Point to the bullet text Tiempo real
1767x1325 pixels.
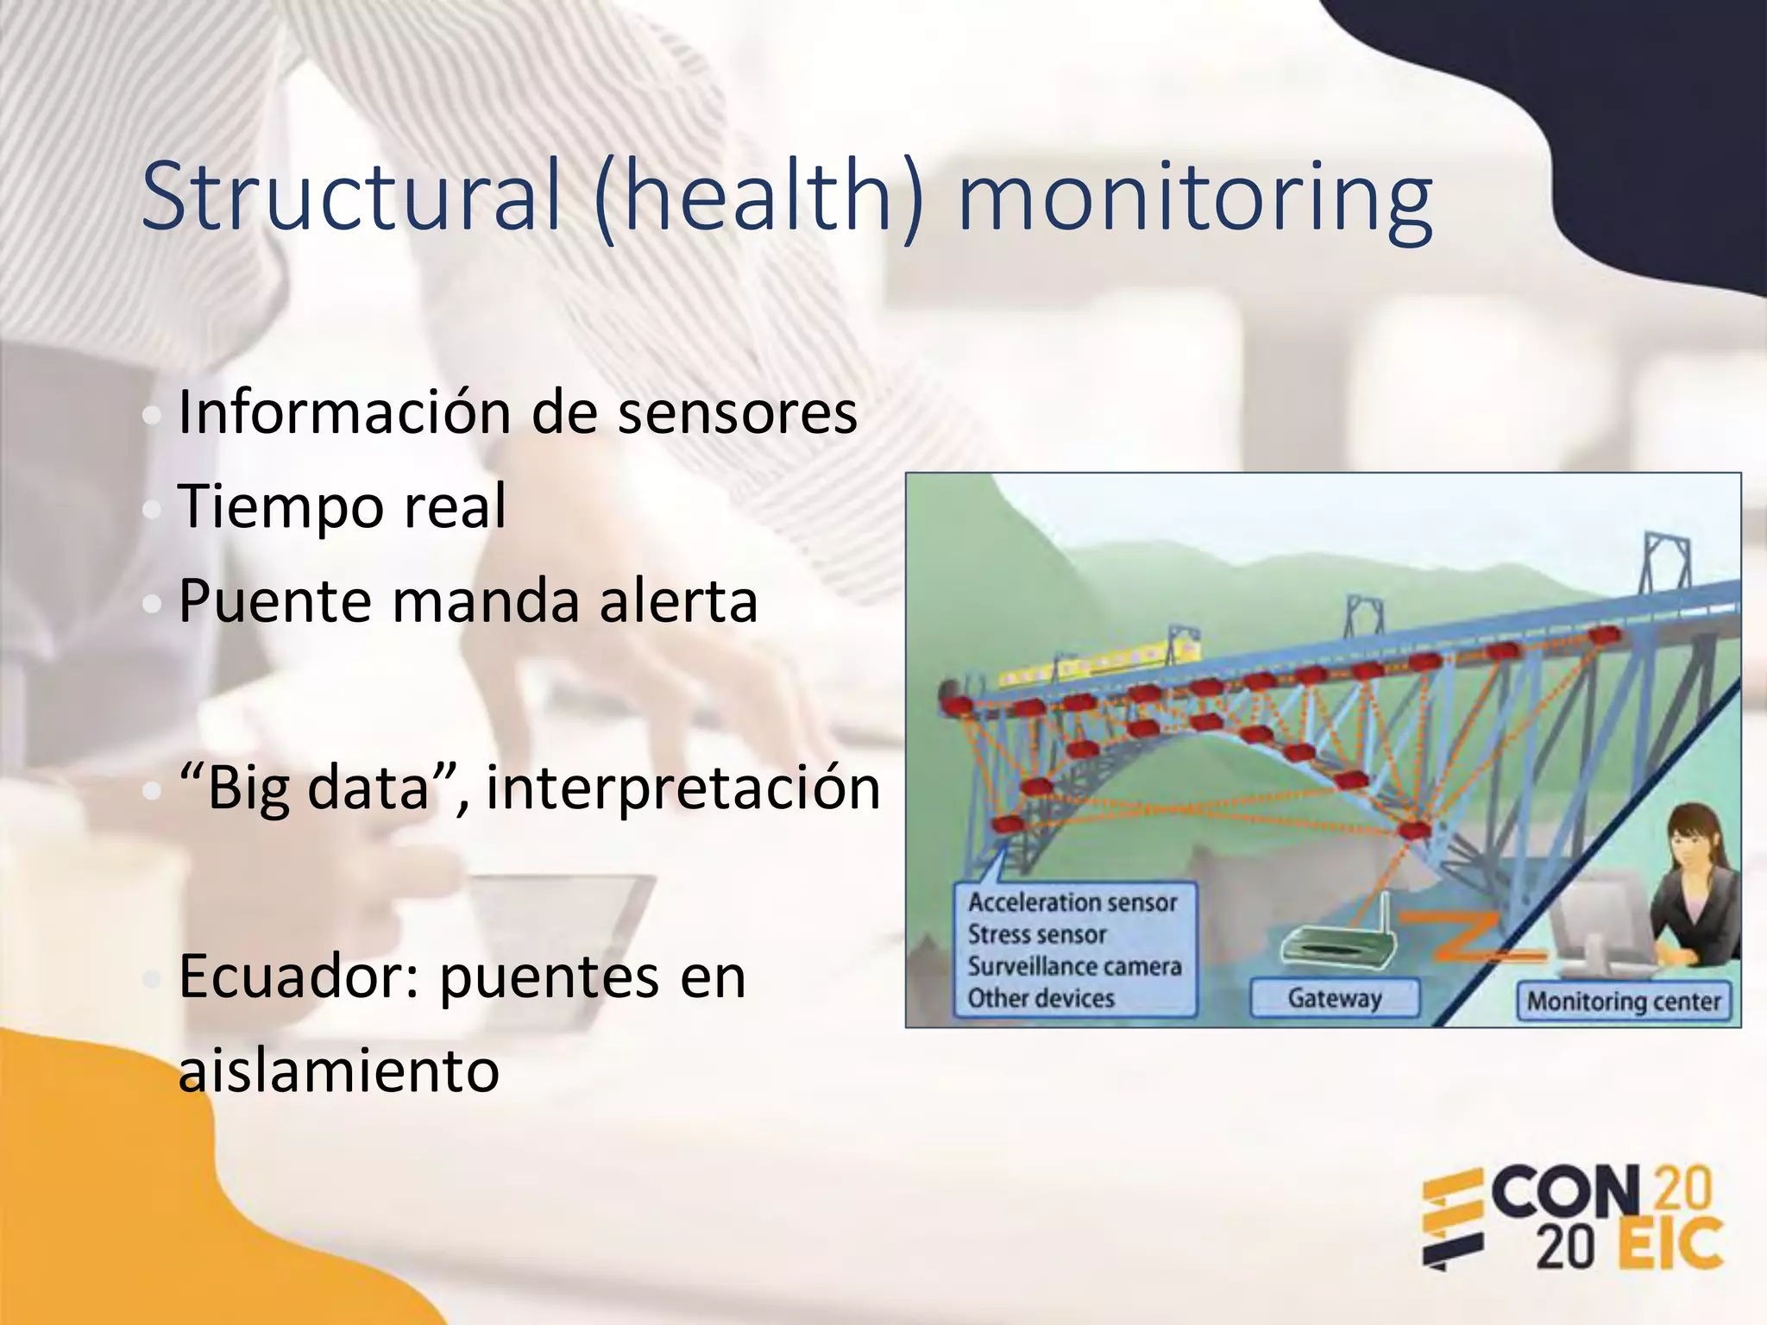343,506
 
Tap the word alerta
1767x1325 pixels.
679,601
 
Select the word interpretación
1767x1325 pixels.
683,788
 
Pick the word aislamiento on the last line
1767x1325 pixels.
338,1071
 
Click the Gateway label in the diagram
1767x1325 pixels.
1334,998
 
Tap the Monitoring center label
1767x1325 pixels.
1624,1002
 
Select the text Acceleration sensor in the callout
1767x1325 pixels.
1072,902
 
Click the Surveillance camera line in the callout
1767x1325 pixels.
1074,966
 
